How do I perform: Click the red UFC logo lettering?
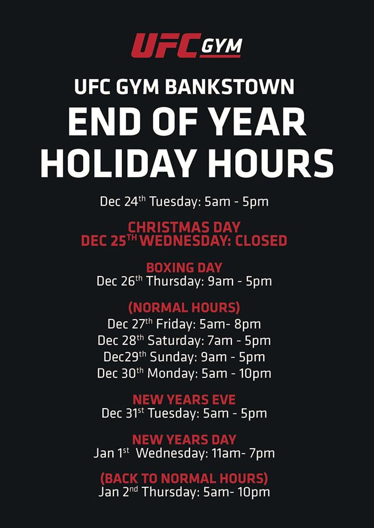coord(166,45)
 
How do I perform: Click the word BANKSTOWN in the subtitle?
coord(229,87)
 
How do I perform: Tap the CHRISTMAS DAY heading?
coord(184,227)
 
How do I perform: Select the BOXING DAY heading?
coord(184,267)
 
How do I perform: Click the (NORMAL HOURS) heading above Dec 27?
coord(184,308)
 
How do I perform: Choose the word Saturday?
coord(174,340)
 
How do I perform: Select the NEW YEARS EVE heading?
coord(184,400)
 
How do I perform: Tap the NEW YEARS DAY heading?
coord(184,440)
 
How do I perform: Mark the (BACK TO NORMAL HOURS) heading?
coord(184,479)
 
